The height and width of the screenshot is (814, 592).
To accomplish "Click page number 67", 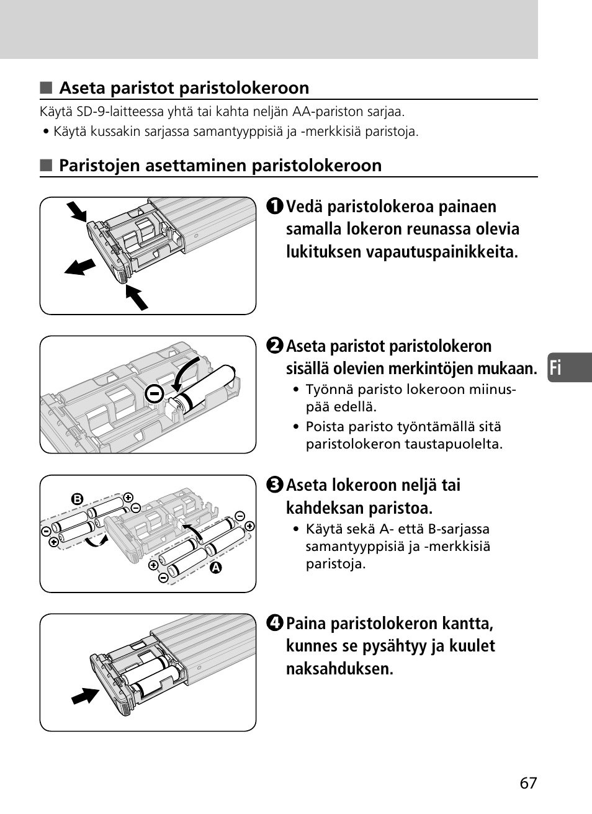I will coord(529,783).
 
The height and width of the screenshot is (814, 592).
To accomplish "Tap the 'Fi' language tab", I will coord(556,368).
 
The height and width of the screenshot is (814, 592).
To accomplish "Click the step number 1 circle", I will coord(276,207).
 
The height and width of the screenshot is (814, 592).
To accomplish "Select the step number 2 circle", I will coord(276,346).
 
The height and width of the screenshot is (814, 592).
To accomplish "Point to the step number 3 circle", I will coord(276,485).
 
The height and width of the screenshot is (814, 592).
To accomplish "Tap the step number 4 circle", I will coord(276,624).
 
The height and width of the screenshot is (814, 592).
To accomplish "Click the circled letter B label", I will coord(77,499).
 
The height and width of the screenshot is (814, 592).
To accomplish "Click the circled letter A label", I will coord(216,567).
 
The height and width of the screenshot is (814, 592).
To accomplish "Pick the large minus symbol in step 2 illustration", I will coord(155,393).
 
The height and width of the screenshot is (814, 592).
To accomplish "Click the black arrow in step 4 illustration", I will coord(85,695).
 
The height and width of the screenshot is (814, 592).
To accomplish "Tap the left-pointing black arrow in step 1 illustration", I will coord(80,267).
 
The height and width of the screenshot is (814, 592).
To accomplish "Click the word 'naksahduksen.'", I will coord(339,669).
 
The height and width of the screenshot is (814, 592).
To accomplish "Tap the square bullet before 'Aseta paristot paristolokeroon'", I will coord(45,88).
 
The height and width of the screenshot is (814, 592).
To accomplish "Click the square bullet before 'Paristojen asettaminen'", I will coord(45,166).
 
